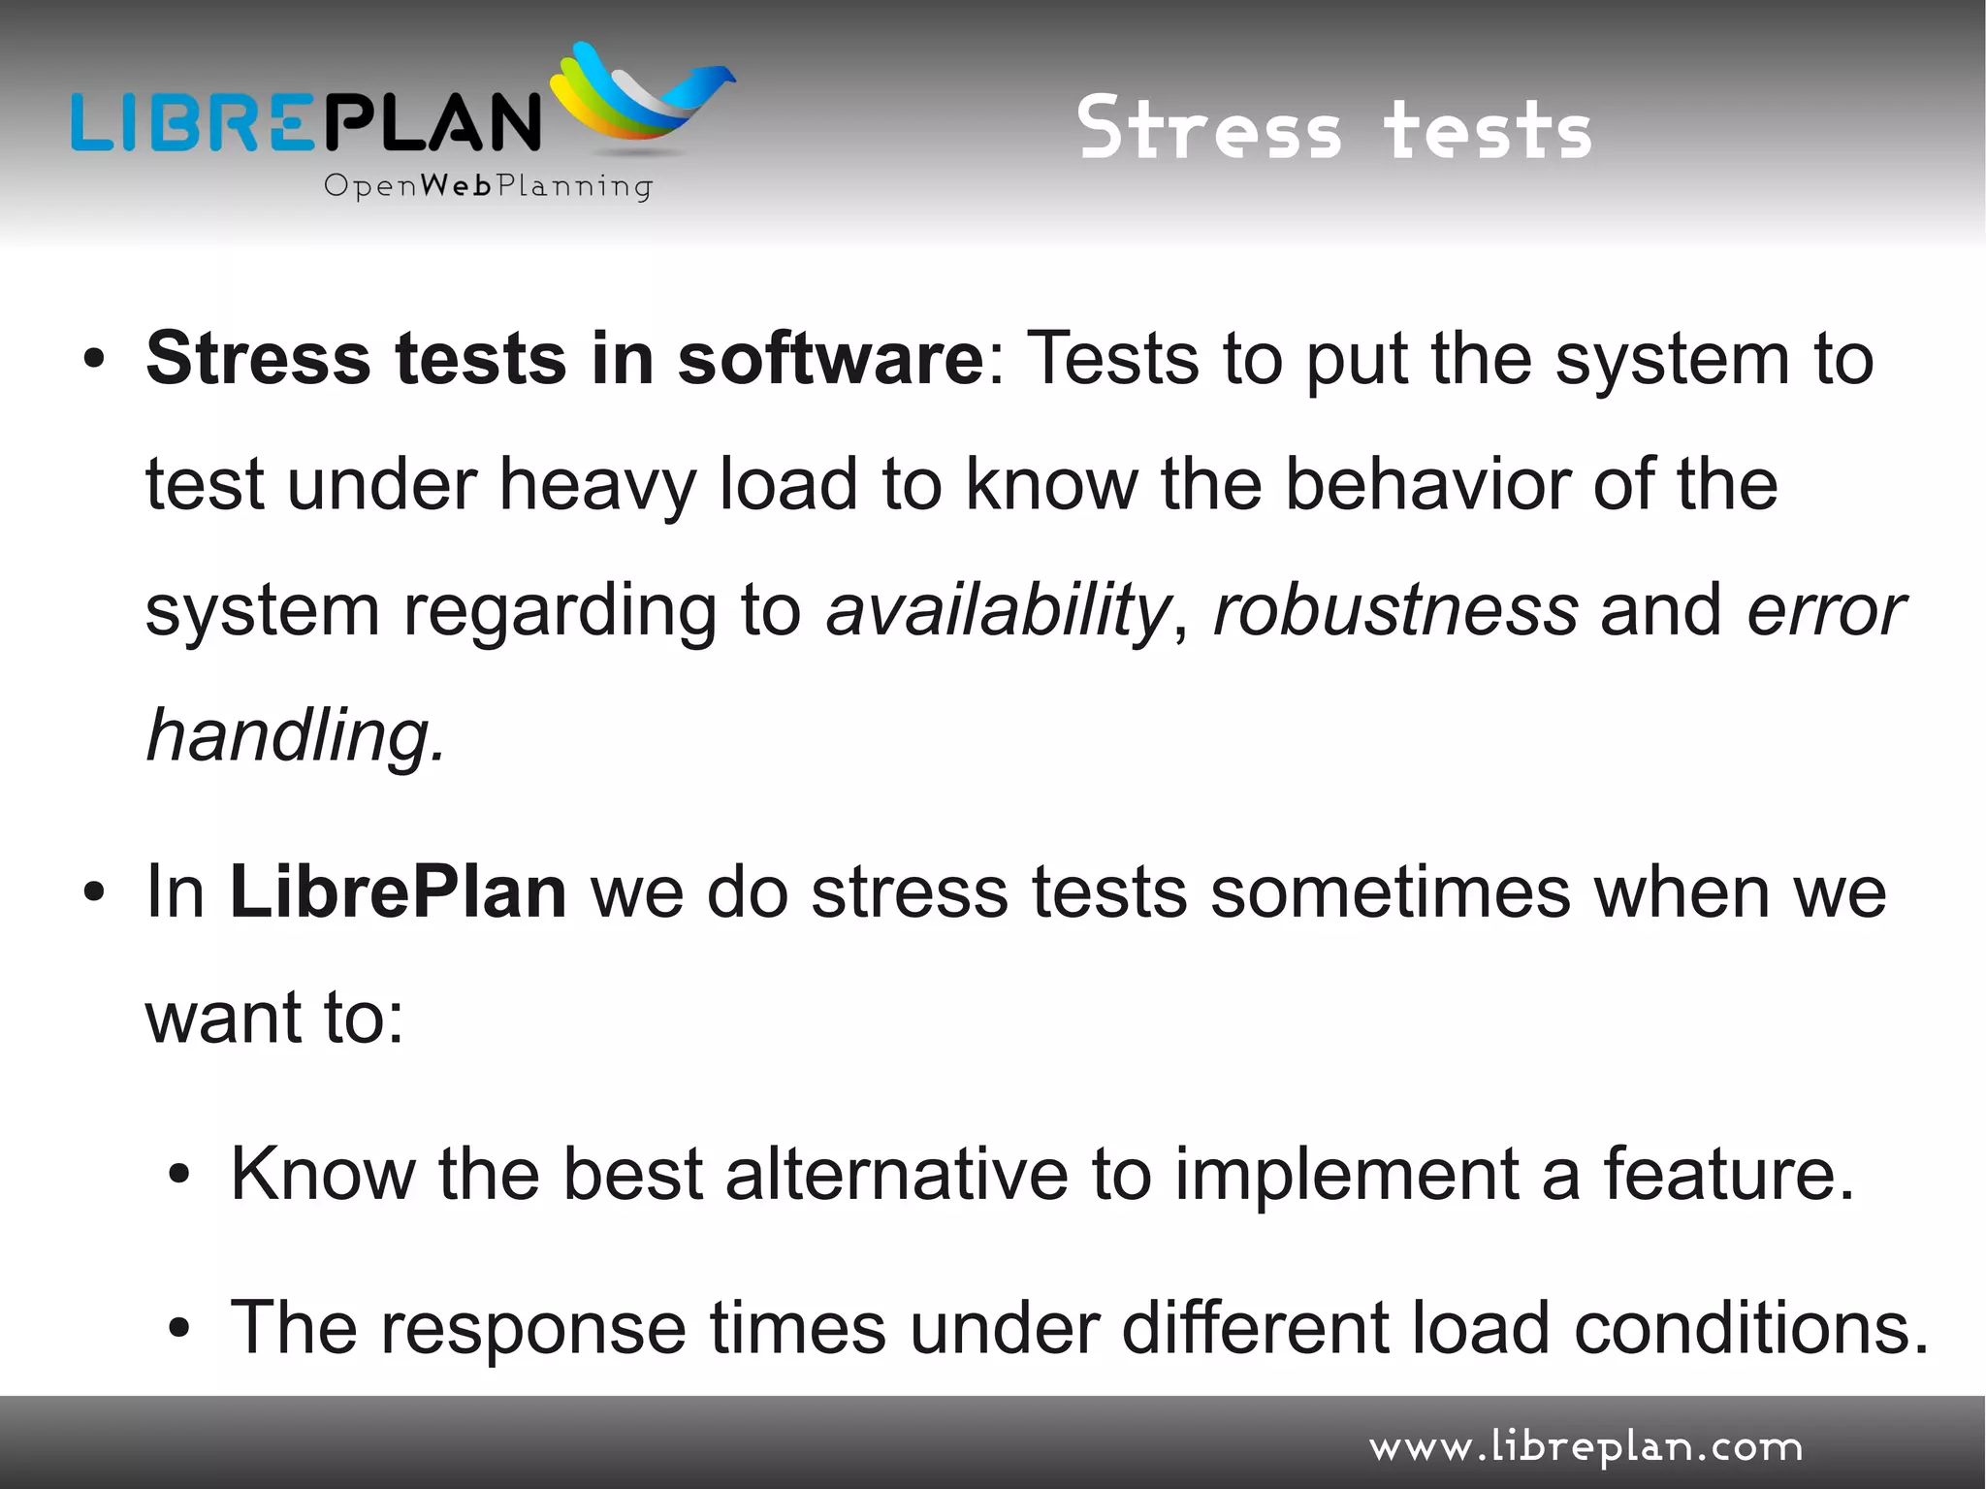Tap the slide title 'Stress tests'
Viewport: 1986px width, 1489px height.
pyautogui.click(x=1334, y=129)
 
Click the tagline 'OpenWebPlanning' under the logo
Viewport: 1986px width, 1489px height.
pyautogui.click(x=488, y=185)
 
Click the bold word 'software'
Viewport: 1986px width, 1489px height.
pyautogui.click(x=830, y=359)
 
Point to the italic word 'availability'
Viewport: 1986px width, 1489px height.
pyautogui.click(x=998, y=610)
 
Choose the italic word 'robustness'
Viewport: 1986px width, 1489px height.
pyautogui.click(x=1395, y=610)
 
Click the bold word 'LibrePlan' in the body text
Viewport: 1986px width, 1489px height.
pyautogui.click(x=398, y=891)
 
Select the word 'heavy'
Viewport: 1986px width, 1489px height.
pyautogui.click(x=597, y=484)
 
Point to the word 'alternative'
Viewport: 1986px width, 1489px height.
pyautogui.click(x=897, y=1174)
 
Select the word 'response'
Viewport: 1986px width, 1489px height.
pyautogui.click(x=533, y=1328)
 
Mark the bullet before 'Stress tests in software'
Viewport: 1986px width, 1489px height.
pyautogui.click(x=93, y=360)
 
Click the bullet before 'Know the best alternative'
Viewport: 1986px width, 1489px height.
pyautogui.click(x=178, y=1175)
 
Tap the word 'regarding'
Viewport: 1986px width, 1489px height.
pyautogui.click(x=559, y=612)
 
